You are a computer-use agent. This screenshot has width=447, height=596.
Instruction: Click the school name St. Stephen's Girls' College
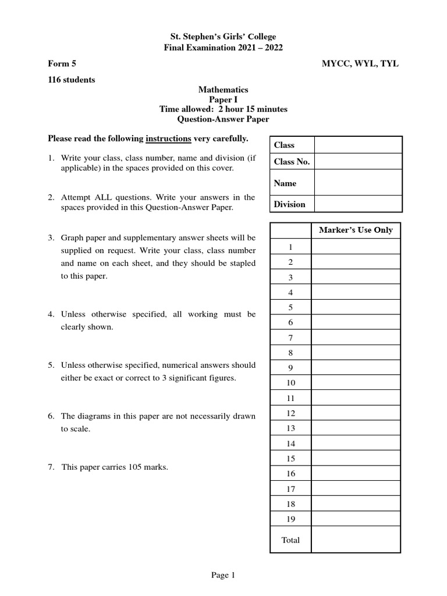(223, 37)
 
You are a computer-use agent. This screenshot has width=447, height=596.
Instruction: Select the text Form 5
(61, 64)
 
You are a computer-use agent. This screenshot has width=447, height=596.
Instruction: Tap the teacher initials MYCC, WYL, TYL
(360, 64)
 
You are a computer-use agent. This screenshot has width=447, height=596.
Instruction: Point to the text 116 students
(71, 80)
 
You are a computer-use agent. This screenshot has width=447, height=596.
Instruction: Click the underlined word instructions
(168, 139)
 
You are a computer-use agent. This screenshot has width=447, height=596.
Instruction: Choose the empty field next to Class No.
(357, 161)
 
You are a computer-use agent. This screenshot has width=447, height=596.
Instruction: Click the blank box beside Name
(357, 183)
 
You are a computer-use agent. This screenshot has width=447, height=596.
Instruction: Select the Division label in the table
(289, 204)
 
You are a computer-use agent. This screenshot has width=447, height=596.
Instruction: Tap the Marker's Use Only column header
(356, 230)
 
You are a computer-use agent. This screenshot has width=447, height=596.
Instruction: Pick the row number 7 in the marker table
(290, 338)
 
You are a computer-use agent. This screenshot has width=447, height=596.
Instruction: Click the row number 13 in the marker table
(290, 428)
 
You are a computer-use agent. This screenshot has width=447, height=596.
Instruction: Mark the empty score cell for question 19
(356, 519)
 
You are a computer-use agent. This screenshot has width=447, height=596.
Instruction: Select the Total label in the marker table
(290, 540)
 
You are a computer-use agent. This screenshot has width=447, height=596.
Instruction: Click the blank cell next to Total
(356, 540)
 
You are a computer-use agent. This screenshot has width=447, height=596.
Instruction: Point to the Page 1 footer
(223, 576)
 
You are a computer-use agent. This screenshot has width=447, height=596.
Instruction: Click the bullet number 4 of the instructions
(52, 314)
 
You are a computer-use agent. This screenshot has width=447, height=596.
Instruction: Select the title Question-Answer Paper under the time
(223, 119)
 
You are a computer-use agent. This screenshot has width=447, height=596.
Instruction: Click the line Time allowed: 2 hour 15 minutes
(223, 109)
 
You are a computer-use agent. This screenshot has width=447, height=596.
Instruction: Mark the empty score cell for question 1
(356, 247)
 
